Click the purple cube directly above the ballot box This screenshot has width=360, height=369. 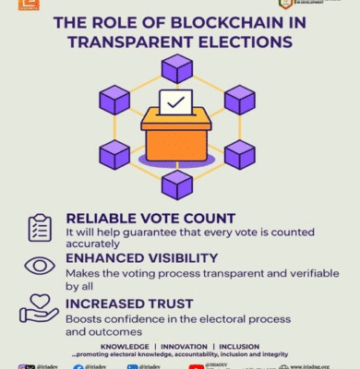pos(177,67)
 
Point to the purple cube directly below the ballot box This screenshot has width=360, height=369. pos(177,184)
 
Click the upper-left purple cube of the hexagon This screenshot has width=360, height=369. pos(115,99)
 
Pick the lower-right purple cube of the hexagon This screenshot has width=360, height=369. pos(240,153)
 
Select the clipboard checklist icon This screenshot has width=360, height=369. pos(40,227)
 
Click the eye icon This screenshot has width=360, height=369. pos(40,267)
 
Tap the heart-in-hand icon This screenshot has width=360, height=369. pos(39,307)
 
